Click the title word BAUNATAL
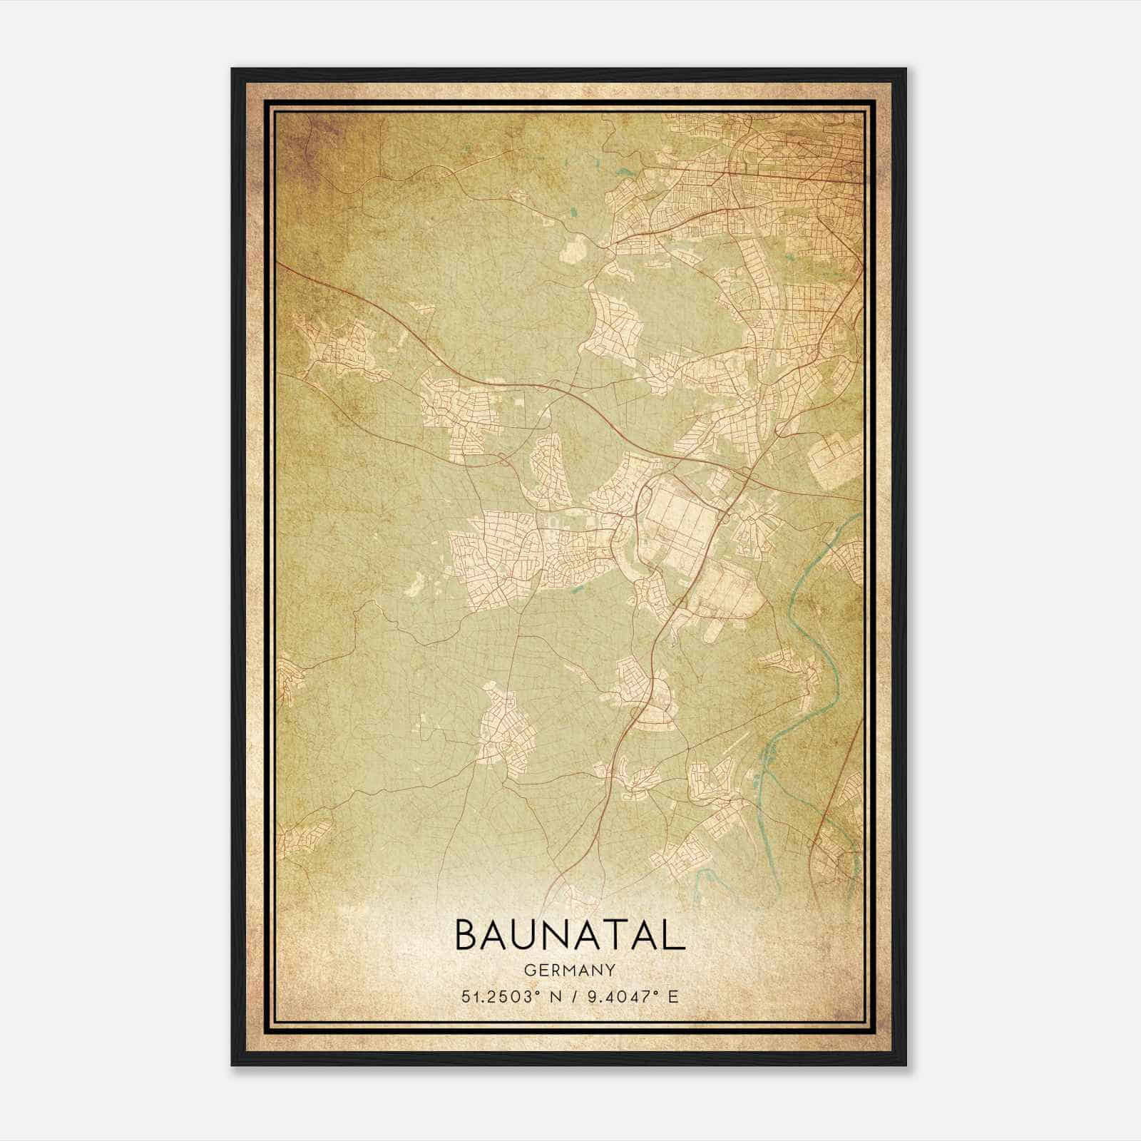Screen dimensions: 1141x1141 click(569, 936)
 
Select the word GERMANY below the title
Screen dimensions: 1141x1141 click(569, 970)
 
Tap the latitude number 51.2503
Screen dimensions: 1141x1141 click(496, 997)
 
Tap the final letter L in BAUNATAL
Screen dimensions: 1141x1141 click(673, 936)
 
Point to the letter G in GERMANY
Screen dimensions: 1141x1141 click(528, 970)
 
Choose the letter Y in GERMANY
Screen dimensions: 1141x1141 click(610, 970)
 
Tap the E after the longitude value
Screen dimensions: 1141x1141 click(673, 997)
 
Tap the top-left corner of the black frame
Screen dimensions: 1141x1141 click(233, 70)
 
